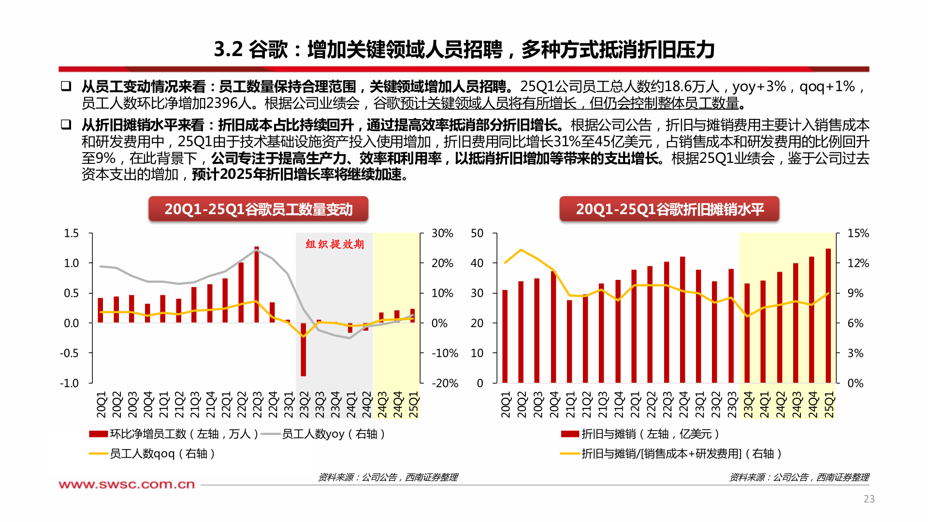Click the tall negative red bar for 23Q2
point(303,349)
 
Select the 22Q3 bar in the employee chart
point(257,285)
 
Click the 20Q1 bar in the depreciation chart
point(505,336)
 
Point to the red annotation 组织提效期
point(334,244)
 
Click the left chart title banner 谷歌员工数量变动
point(258,209)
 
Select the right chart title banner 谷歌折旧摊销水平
point(669,209)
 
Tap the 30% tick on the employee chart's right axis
point(442,233)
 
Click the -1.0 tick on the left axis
point(69,383)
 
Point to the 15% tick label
point(858,233)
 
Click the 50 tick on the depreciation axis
point(477,233)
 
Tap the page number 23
point(869,499)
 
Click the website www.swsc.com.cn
point(127,484)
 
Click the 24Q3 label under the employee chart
point(382,405)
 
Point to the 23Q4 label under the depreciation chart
point(748,405)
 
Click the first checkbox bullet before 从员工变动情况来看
point(66,86)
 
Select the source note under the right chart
point(799,478)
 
